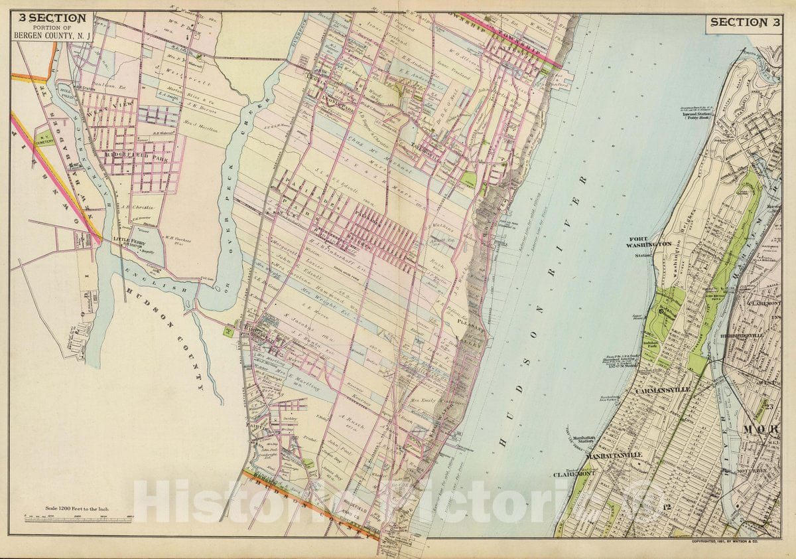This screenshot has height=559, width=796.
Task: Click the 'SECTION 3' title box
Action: pyautogui.click(x=743, y=22)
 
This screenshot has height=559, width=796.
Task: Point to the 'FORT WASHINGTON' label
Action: pyautogui.click(x=651, y=244)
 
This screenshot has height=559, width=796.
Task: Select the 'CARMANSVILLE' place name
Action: pyautogui.click(x=662, y=390)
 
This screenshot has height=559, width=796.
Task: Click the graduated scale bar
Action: pyautogui.click(x=78, y=519)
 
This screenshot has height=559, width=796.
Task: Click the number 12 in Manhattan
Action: pyautogui.click(x=667, y=508)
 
